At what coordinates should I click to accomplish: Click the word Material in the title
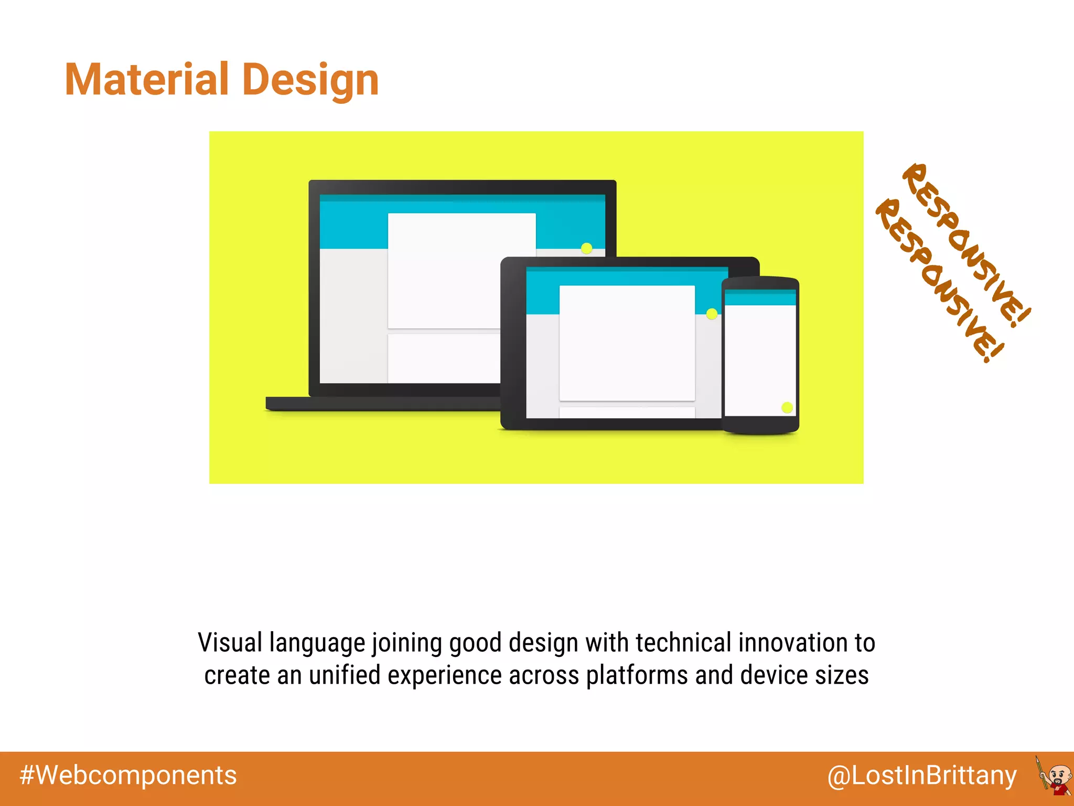tap(147, 80)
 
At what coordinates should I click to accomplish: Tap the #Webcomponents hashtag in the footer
tap(128, 776)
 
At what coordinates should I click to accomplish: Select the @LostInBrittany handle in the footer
tap(922, 776)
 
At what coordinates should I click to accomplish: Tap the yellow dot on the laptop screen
tap(587, 248)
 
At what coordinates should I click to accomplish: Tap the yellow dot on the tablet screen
tap(712, 314)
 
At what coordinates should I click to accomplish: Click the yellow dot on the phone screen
tap(787, 407)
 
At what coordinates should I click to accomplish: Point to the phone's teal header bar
tap(760, 298)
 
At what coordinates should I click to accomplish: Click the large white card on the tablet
tap(627, 342)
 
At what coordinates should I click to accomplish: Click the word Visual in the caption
tap(230, 643)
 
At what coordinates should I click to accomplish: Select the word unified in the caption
tap(345, 675)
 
